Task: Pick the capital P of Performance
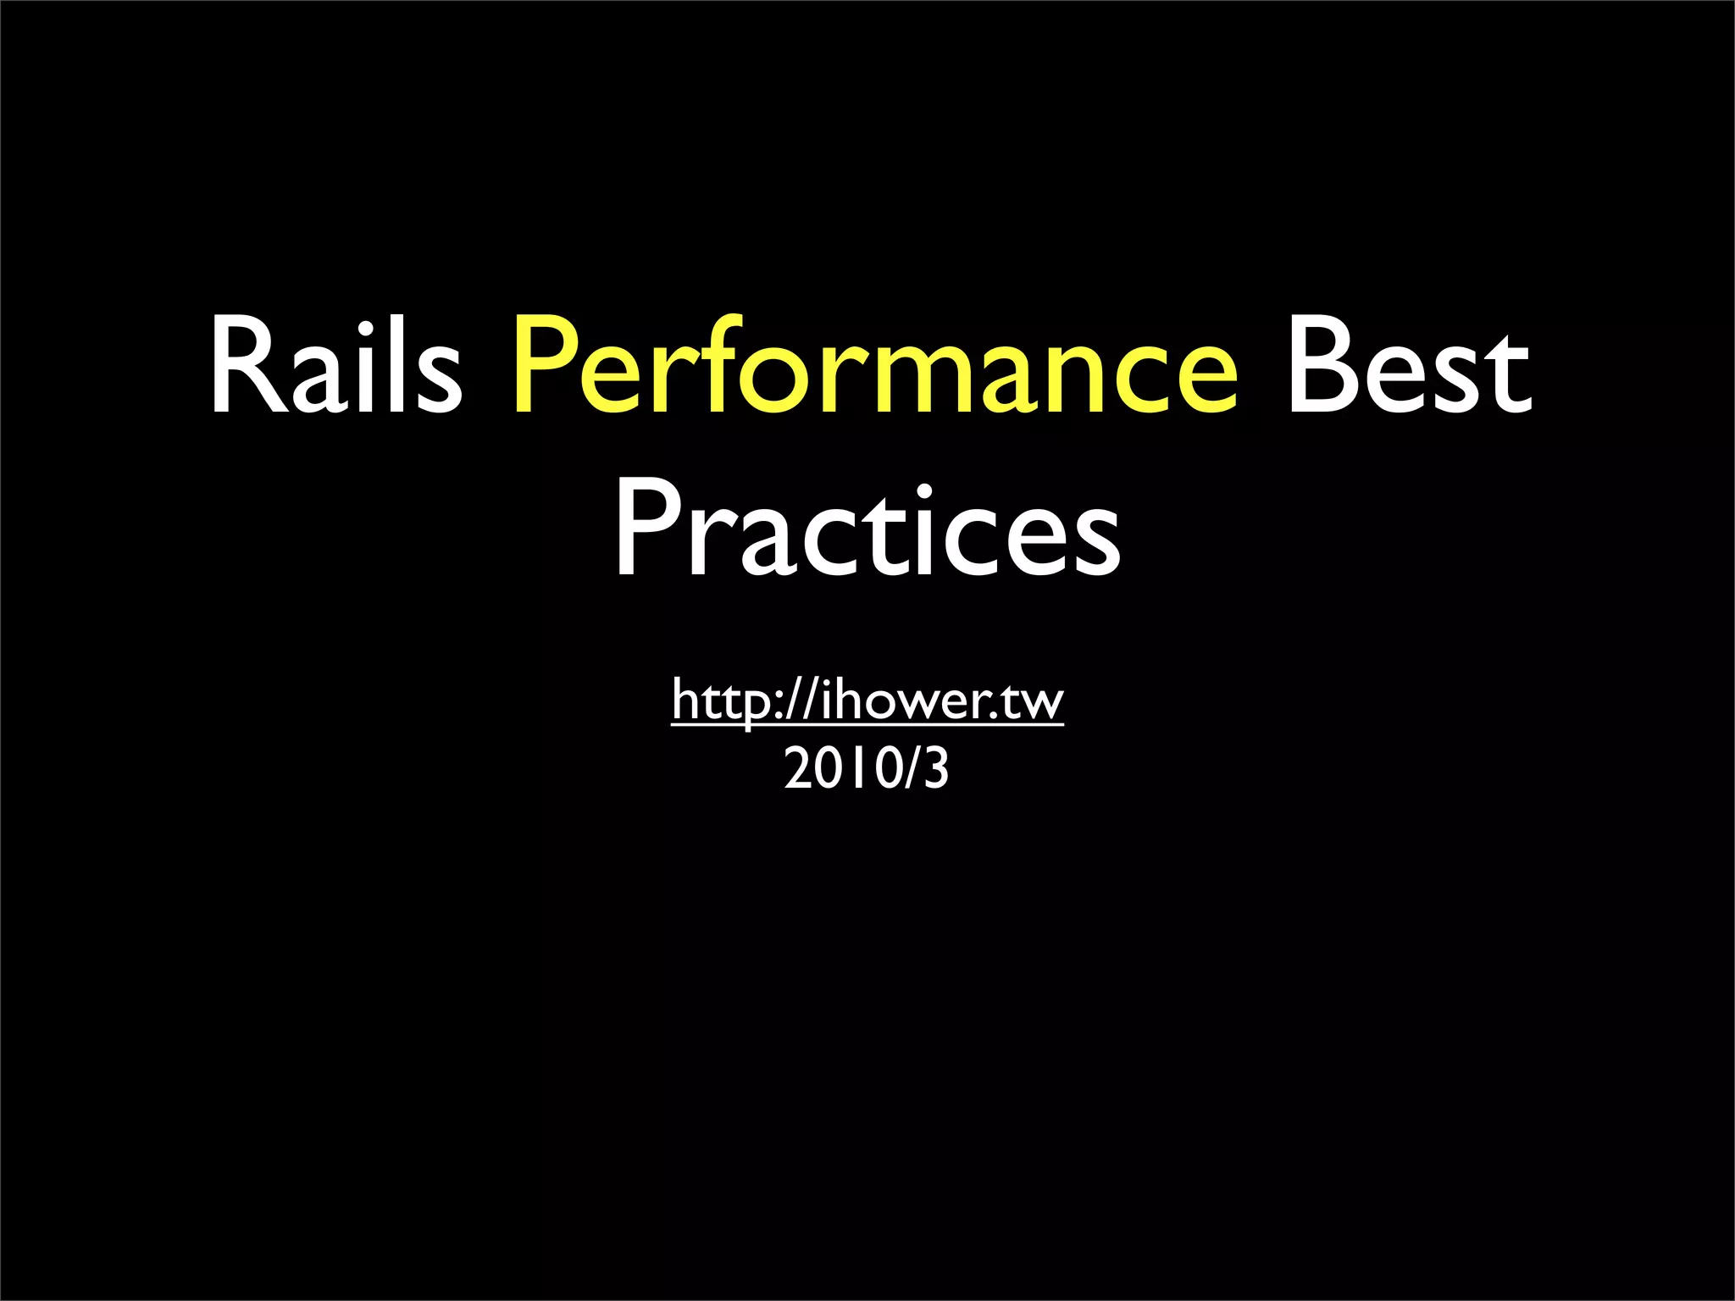[543, 366]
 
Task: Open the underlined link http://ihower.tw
[867, 700]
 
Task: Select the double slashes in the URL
[800, 700]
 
